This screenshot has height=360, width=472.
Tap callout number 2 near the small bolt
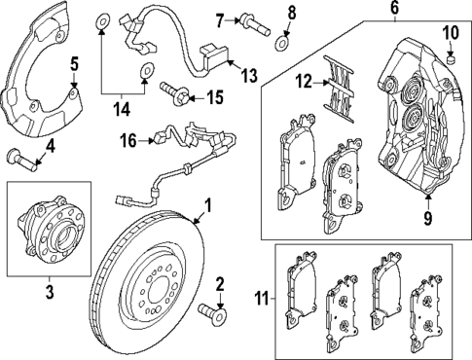click(x=220, y=284)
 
